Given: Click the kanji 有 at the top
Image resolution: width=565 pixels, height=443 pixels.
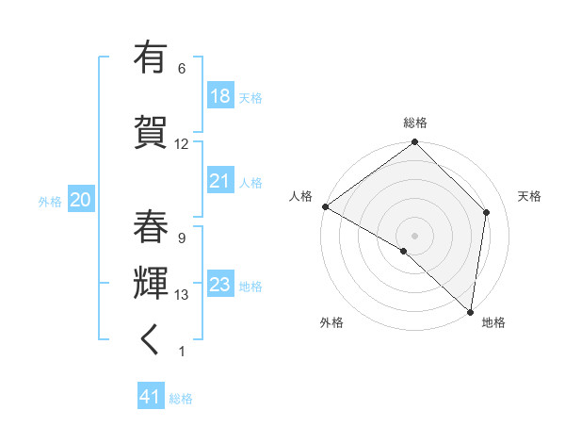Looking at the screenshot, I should [x=151, y=58].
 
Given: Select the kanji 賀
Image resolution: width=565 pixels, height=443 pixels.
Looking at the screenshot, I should [x=151, y=130].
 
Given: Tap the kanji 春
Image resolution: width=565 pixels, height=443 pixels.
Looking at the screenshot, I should [x=151, y=226].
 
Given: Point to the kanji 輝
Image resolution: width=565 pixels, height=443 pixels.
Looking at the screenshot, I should [x=151, y=283].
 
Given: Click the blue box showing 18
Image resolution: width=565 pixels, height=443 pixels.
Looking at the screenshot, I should [x=219, y=96].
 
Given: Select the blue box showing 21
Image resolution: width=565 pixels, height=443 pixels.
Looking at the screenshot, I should [x=219, y=181].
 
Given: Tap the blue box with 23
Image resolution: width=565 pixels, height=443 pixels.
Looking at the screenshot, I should [x=219, y=285].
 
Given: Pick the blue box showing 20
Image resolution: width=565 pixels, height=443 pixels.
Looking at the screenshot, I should [x=81, y=200].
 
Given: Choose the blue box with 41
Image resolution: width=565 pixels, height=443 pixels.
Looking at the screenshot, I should [x=151, y=397].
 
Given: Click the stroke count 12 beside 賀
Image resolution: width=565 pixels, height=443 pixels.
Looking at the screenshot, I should [x=182, y=144].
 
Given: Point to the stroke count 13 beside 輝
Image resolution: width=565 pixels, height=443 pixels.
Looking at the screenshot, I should [x=182, y=295].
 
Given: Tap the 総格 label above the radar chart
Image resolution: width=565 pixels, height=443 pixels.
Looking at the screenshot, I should [x=415, y=123].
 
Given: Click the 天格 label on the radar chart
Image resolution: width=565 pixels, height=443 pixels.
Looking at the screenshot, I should [x=529, y=196].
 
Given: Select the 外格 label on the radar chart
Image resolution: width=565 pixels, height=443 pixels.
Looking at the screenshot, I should [x=331, y=322].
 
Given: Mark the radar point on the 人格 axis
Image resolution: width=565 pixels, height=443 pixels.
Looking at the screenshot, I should [x=325, y=206].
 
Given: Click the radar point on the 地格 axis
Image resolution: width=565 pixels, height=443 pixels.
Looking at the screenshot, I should [x=470, y=311].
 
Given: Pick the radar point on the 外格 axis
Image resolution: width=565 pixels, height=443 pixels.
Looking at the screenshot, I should [x=404, y=251].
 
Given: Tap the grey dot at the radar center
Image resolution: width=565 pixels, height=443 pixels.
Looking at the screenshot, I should [x=414, y=235].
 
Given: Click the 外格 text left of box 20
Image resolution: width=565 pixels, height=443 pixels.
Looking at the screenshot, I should [x=50, y=201].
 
